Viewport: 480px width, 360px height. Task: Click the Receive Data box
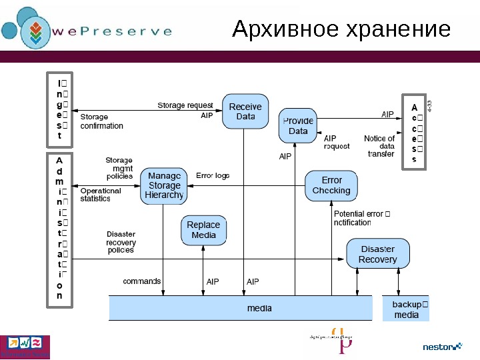(x=245, y=111)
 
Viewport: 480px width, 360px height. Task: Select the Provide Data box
(x=298, y=126)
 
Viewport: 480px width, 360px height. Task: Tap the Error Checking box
(x=331, y=185)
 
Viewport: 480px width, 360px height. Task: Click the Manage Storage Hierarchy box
(x=164, y=185)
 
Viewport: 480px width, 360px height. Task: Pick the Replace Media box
(x=203, y=230)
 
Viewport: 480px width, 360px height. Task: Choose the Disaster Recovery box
(x=377, y=254)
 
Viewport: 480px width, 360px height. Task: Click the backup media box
(x=406, y=309)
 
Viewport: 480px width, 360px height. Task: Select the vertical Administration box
(x=59, y=231)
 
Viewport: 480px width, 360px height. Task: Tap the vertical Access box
(x=413, y=133)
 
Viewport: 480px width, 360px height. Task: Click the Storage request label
(x=185, y=105)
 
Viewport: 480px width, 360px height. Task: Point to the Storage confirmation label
(x=101, y=121)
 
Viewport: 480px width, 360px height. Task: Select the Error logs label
(x=213, y=176)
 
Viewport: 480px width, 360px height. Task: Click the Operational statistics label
(x=101, y=194)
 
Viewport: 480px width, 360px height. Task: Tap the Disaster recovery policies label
(x=121, y=242)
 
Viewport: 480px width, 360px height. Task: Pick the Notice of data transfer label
(x=379, y=146)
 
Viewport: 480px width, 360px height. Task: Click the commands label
(x=141, y=281)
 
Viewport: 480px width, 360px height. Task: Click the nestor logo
(x=442, y=347)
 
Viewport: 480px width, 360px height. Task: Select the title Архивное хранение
(x=341, y=30)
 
